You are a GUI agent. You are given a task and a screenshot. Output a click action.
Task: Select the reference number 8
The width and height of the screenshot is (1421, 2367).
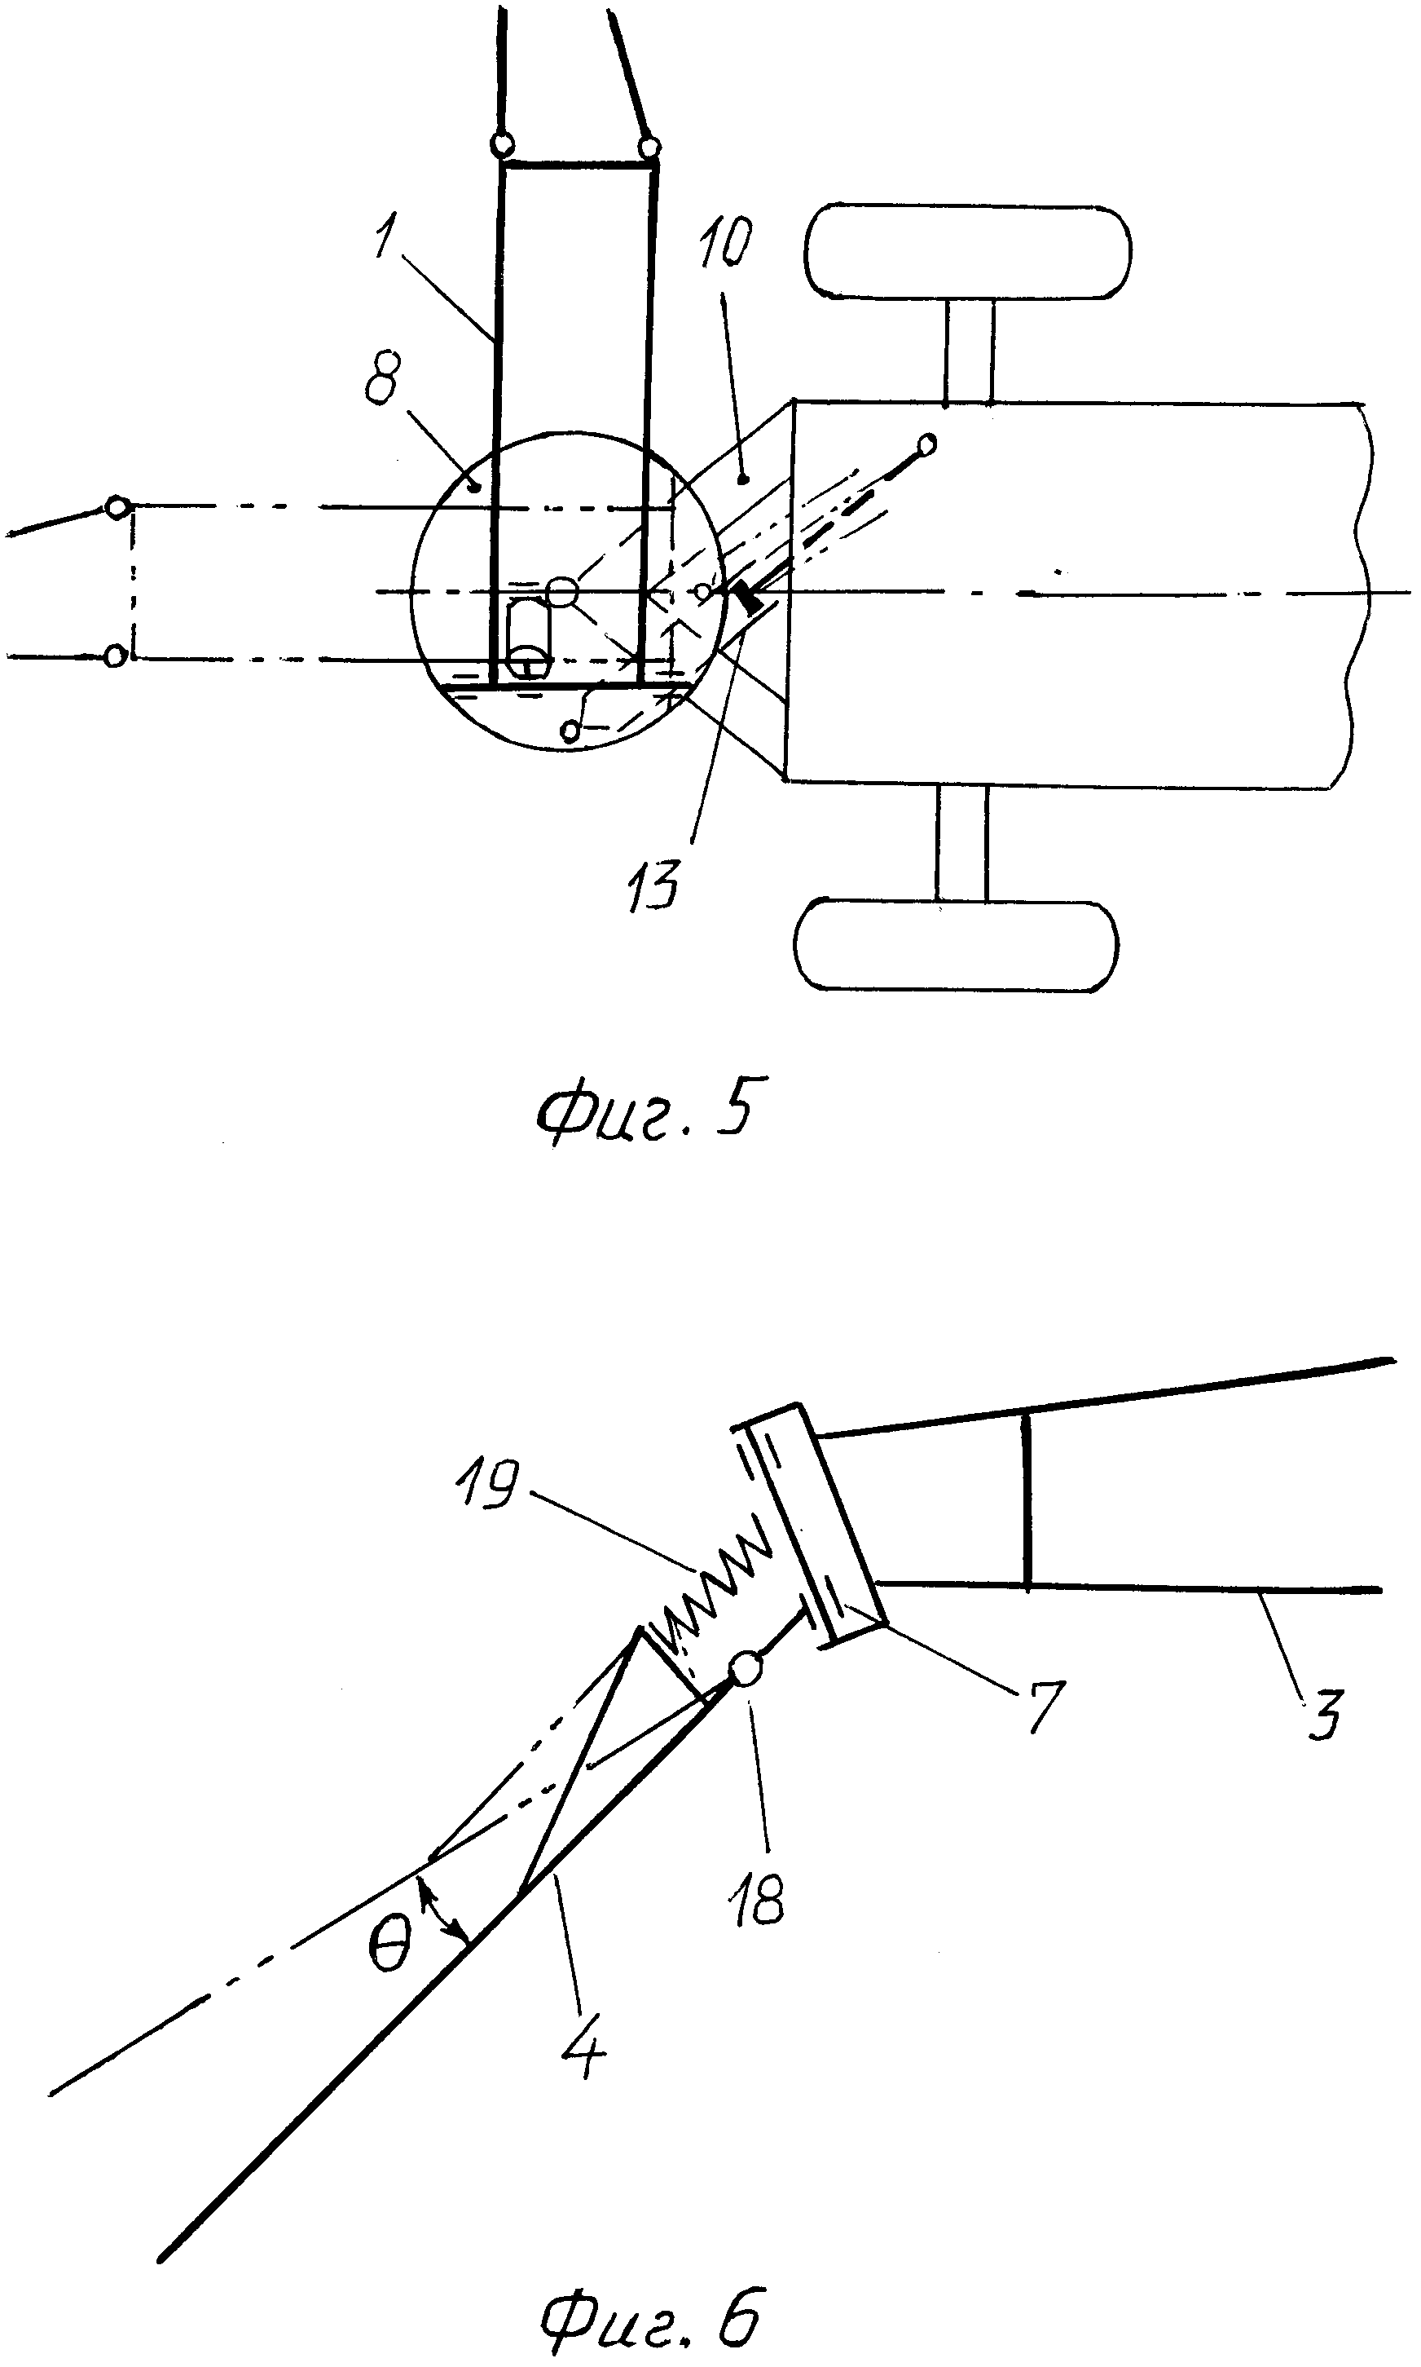point(385,380)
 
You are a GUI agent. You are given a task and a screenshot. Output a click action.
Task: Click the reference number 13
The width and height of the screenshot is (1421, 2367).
point(654,883)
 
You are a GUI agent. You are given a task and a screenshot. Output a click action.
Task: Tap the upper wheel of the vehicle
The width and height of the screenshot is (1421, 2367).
point(967,251)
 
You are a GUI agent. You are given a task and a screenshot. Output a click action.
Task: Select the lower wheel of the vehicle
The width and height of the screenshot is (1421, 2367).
point(957,947)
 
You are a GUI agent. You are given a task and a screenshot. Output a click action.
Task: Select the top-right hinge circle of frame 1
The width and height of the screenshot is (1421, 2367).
point(649,148)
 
